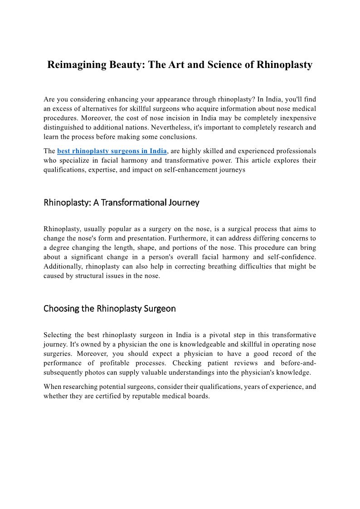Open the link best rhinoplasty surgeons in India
[112, 151]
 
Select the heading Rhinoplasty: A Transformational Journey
[121, 203]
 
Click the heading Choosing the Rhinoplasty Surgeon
[109, 309]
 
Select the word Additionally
[63, 267]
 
